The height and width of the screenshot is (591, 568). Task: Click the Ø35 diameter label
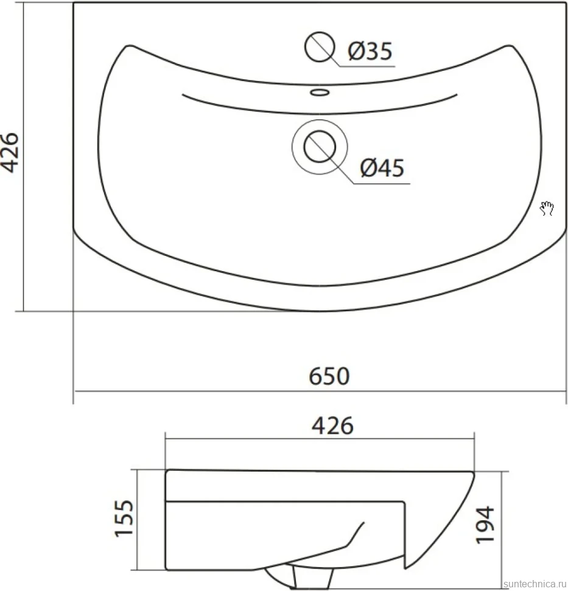click(x=370, y=51)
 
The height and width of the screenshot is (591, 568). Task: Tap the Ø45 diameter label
click(x=382, y=168)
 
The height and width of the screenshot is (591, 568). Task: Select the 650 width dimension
click(x=329, y=376)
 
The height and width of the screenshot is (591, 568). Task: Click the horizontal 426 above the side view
click(x=332, y=426)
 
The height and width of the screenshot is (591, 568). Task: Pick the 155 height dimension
click(x=125, y=518)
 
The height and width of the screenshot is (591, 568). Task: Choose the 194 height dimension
click(x=485, y=525)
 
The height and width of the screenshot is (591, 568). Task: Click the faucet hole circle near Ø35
click(x=320, y=47)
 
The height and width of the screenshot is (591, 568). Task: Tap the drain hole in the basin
click(x=320, y=147)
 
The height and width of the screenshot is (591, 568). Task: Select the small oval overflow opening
click(x=320, y=92)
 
